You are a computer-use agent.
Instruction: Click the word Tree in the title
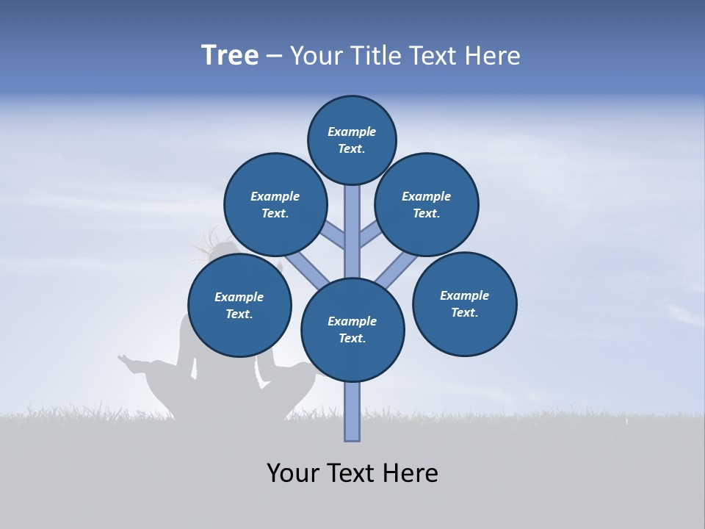tap(230, 56)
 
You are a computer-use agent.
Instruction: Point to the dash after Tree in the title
tap(274, 57)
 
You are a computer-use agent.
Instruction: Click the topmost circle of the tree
tap(352, 140)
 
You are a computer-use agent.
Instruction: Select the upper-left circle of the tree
tap(275, 205)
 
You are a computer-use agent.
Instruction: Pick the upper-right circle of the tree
tap(427, 205)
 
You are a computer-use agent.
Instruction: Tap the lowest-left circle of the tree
tap(239, 306)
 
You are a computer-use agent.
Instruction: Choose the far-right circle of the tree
tap(464, 303)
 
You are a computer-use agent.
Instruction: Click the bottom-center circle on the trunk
tap(352, 330)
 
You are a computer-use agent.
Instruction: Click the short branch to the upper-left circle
tap(332, 234)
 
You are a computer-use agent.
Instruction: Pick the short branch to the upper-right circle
tap(372, 234)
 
